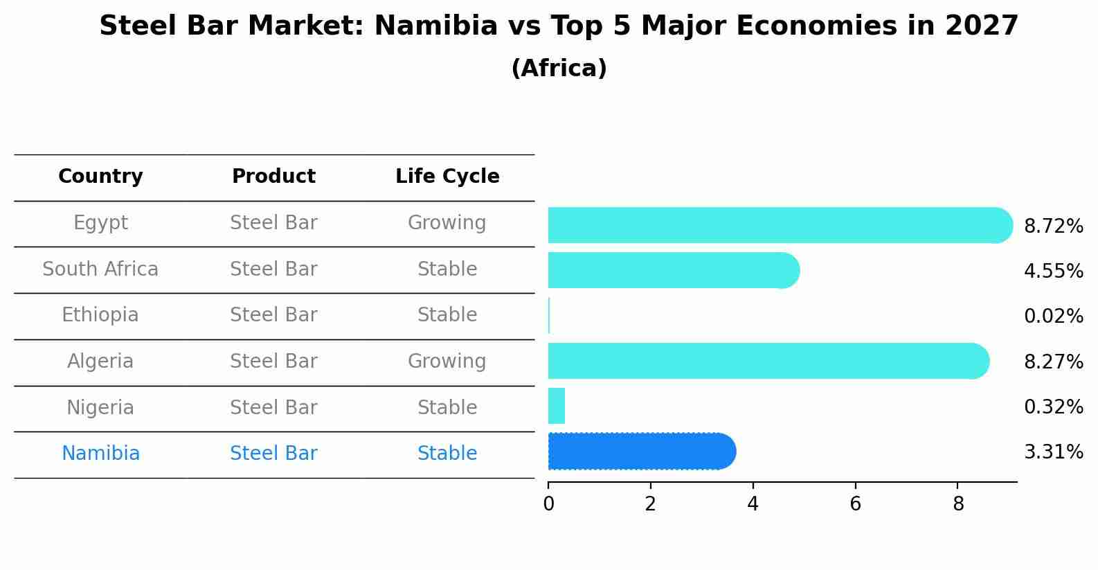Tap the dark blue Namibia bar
[x=640, y=452]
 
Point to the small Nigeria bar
[x=557, y=406]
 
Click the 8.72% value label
[x=1053, y=226]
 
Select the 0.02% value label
[x=1053, y=317]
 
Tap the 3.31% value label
[x=1053, y=452]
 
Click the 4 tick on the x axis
[x=753, y=504]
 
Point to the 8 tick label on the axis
[x=958, y=504]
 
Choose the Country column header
[x=100, y=177]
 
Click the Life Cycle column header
[x=447, y=177]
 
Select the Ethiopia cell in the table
[x=100, y=315]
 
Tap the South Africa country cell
[x=100, y=269]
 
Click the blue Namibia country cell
[x=100, y=454]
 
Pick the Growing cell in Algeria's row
[x=447, y=361]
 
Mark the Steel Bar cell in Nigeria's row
[x=273, y=407]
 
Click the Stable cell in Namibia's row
[x=447, y=454]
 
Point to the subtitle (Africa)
[x=559, y=69]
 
